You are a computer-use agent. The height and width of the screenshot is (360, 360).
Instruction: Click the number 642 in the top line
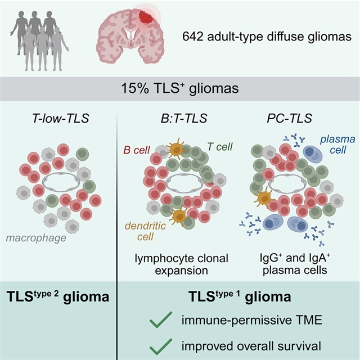point(193,37)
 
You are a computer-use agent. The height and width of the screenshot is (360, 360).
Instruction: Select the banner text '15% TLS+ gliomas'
point(179,88)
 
